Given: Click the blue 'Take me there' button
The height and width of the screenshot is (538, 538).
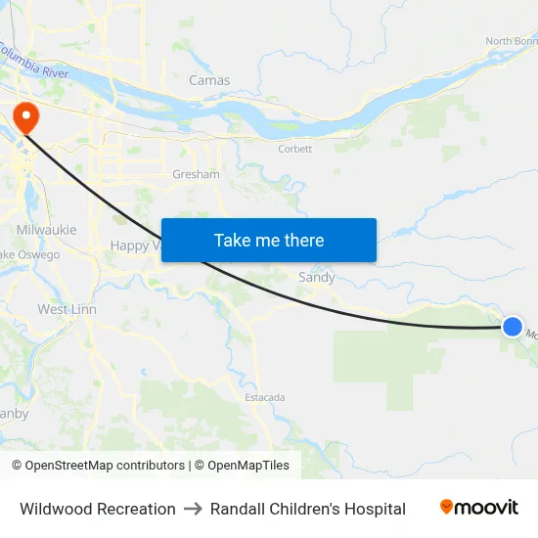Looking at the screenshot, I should pos(269,241).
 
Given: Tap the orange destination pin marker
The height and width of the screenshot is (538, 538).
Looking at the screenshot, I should pos(23,118).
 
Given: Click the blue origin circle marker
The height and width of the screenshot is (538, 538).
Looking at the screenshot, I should pos(513,327).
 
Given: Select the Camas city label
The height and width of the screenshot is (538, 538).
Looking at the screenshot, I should pos(209,80).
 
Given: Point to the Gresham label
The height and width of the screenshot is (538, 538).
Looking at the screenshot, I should pos(196,174).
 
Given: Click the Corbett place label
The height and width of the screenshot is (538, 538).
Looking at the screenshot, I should pos(294,149).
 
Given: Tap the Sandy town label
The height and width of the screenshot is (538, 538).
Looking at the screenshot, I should pos(316,278).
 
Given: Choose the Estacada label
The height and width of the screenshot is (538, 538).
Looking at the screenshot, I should pos(265,397).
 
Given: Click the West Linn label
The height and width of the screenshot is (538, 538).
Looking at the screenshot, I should pos(67,309).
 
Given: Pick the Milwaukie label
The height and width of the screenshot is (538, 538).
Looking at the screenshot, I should pos(46,229).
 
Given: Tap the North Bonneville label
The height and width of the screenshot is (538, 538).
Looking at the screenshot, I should pos(512,41).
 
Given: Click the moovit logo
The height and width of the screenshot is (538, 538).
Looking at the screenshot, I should pos(479,507).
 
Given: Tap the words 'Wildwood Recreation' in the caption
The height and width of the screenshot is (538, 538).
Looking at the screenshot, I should pos(98,509).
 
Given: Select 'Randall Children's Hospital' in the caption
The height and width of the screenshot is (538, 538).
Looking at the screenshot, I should pos(308,509).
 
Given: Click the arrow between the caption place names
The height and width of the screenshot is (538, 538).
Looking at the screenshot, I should pos(193,509).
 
